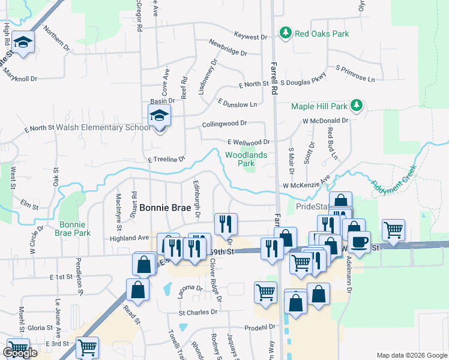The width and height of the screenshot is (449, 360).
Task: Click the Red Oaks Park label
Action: click(x=322, y=34)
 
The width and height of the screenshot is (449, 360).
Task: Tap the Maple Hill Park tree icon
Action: click(x=357, y=106)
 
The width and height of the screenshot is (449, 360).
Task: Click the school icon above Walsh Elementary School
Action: click(x=160, y=115)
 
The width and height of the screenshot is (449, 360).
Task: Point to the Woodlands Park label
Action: click(x=240, y=158)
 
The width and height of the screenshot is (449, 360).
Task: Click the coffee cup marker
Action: click(x=360, y=242)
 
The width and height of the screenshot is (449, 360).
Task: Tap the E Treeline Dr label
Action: click(x=166, y=159)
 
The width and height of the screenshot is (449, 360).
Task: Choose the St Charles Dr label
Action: click(x=197, y=312)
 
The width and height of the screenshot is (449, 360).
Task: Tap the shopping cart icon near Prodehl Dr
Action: click(x=265, y=292)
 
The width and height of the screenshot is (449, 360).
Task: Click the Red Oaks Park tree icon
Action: click(x=286, y=32)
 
